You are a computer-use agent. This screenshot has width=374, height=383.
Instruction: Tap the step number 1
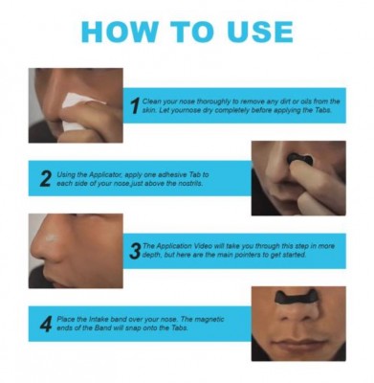click(136, 105)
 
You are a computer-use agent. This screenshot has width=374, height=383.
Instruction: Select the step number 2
click(46, 179)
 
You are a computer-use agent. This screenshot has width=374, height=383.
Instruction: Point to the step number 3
click(136, 251)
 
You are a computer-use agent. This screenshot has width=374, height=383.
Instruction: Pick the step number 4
click(46, 324)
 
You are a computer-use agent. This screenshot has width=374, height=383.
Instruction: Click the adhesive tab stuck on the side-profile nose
click(51, 237)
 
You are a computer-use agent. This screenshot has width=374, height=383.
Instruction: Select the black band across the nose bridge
click(298, 298)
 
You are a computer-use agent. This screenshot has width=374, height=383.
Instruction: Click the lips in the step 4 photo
click(298, 345)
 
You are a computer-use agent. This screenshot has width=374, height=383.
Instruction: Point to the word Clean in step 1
click(151, 101)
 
